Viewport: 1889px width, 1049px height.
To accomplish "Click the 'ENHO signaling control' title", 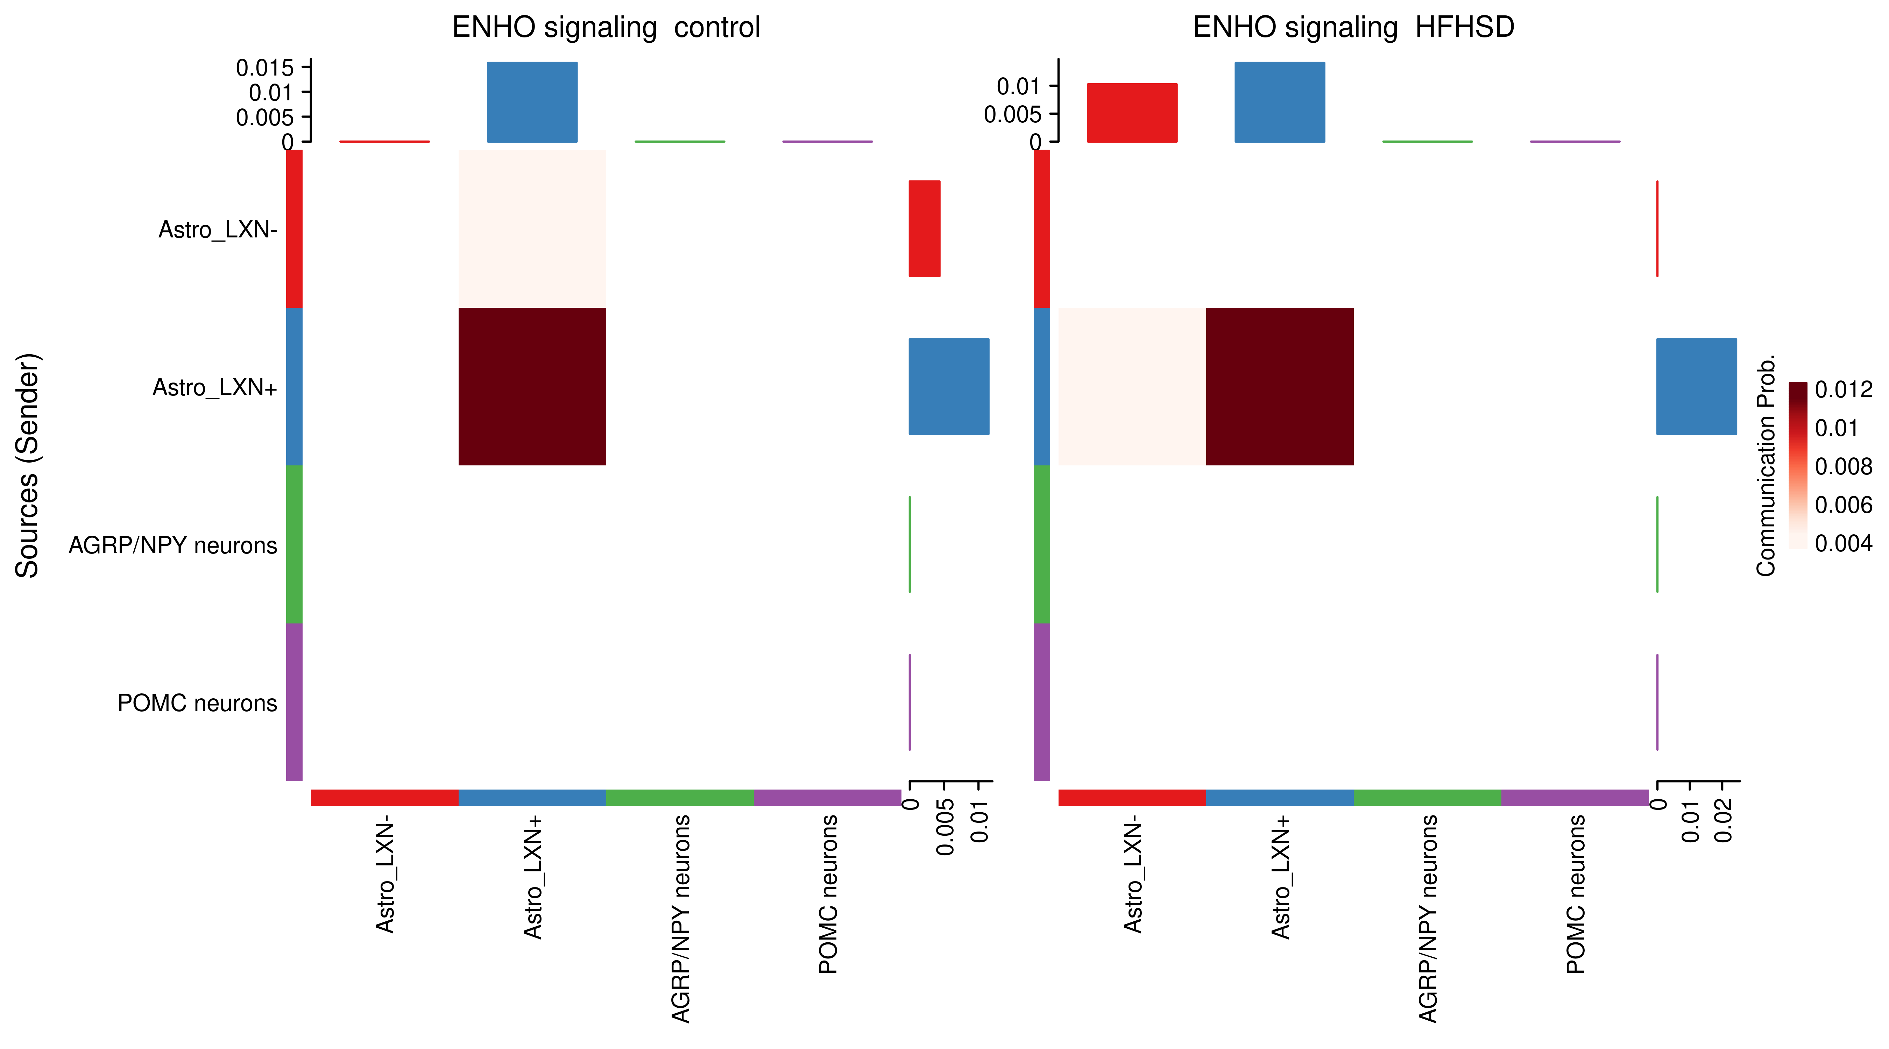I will point(606,28).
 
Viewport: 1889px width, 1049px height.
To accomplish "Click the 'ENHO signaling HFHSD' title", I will point(1353,28).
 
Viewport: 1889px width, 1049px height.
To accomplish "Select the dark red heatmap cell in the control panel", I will point(532,386).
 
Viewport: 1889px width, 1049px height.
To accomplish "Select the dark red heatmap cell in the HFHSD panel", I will point(1280,386).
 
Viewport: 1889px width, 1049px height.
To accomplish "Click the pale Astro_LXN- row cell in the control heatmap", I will point(532,229).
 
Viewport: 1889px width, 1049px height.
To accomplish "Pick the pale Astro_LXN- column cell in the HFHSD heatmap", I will point(1132,386).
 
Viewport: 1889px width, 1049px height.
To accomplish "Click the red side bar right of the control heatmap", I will point(925,229).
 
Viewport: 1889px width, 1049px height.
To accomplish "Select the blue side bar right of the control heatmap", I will point(949,386).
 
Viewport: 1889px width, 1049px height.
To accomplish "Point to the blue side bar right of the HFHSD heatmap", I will point(1696,386).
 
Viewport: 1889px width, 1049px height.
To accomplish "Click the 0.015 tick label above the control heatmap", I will point(265,68).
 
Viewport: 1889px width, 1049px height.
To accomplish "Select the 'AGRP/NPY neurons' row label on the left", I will point(173,545).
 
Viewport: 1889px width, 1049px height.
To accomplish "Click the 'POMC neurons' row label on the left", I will point(197,703).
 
